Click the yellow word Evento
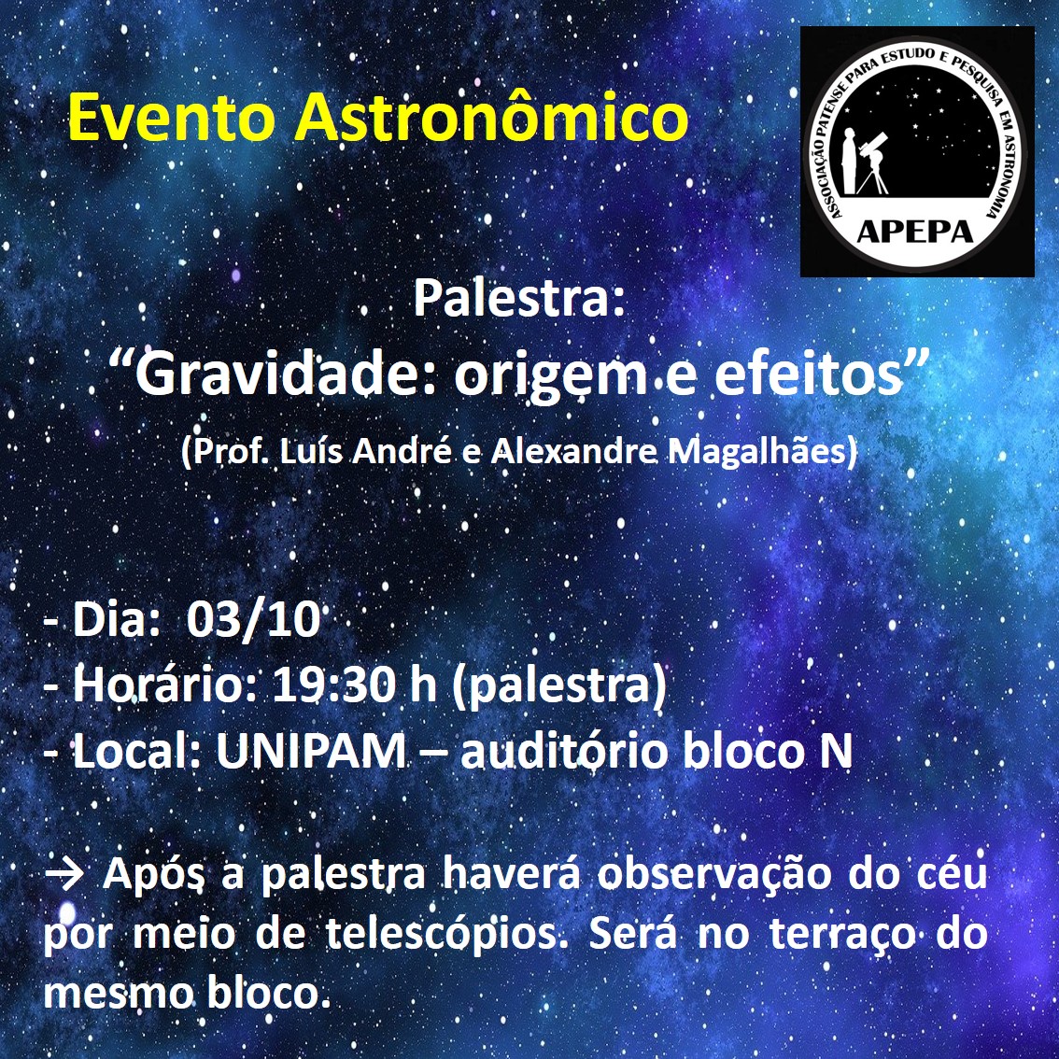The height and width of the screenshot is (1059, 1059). point(172,119)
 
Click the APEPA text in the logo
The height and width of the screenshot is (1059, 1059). point(915,232)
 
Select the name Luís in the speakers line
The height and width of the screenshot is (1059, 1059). point(304,450)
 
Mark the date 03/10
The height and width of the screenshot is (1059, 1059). point(253,619)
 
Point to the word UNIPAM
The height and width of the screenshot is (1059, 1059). point(311,751)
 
